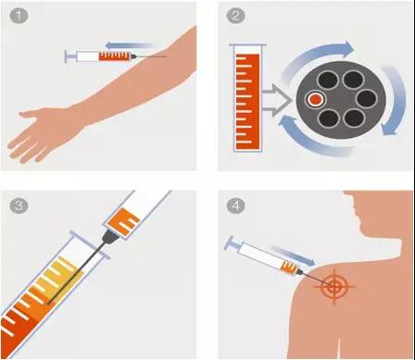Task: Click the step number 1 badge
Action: coord(19,16)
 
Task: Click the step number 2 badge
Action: coord(236,16)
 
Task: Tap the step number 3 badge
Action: coord(19,205)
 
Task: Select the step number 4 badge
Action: coord(236,205)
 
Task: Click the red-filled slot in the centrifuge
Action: coord(315,99)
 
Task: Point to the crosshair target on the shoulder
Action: coord(334,286)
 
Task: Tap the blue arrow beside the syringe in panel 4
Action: coord(293,255)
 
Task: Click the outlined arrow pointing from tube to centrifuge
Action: coord(277,100)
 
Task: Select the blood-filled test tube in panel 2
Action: coord(247,98)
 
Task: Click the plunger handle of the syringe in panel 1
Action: coord(70,56)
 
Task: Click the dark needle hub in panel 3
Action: coord(109,237)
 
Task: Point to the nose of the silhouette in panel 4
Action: coord(355,212)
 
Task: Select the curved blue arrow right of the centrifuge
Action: coord(393,100)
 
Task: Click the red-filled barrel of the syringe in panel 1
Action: coord(115,56)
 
